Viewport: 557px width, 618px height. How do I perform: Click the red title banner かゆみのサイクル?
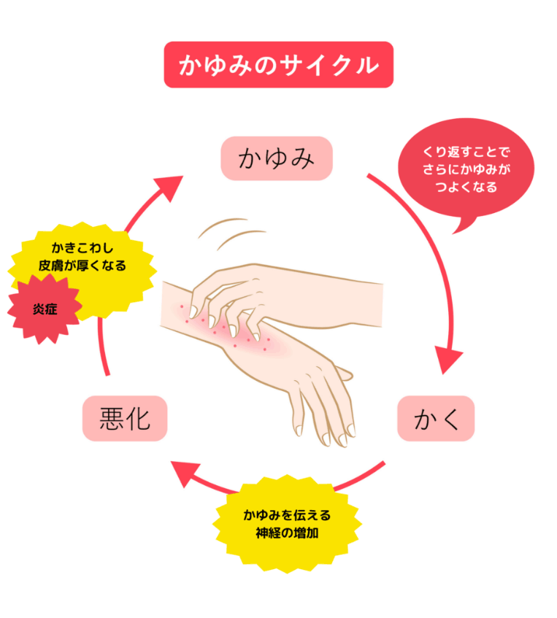coord(279,65)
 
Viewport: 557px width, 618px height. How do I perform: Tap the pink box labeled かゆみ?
coord(277,158)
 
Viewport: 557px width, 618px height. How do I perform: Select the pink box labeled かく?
coord(436,418)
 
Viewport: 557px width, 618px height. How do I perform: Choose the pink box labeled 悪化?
coord(125,418)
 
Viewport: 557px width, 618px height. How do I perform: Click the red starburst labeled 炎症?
coord(45,309)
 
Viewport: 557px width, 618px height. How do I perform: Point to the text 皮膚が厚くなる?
coord(82,266)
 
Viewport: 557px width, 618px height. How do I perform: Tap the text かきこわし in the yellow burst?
coord(82,248)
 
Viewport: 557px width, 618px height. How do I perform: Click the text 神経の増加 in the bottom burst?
coord(287,533)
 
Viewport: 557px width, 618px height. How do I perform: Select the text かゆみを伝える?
coord(287,514)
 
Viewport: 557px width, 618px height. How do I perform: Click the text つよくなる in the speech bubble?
coord(466,187)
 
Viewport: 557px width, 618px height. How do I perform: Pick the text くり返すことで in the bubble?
coord(466,152)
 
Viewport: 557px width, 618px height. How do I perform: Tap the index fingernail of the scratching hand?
coord(193,312)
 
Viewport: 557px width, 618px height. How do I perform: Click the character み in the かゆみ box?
coord(301,158)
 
